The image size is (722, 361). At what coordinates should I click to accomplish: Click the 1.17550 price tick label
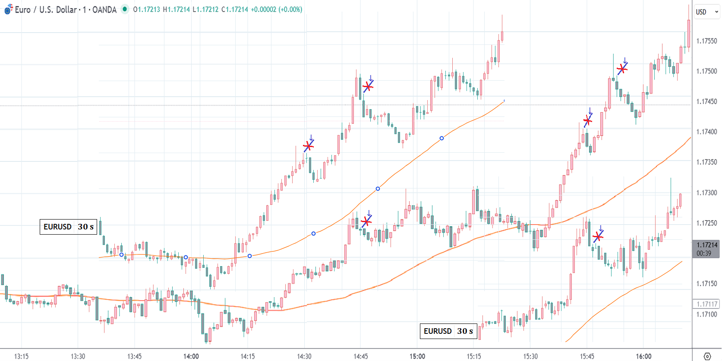pos(706,41)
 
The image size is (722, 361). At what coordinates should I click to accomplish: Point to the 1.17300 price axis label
pos(706,193)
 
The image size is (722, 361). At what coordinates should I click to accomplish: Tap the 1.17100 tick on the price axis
pos(706,314)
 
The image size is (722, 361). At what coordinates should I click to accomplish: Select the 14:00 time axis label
pos(191,356)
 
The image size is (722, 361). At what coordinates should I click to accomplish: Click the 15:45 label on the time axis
pos(587,356)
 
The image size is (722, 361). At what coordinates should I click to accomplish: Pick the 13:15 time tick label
pos(21,356)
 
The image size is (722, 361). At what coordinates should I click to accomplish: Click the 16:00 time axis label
pos(643,356)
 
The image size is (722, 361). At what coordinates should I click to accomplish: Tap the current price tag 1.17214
pos(706,245)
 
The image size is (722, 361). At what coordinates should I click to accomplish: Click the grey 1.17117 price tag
pos(706,304)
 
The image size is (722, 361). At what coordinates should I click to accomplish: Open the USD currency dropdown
pos(707,12)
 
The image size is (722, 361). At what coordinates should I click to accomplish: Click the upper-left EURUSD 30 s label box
pos(68,227)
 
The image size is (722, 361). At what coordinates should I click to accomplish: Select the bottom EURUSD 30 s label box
pos(448,331)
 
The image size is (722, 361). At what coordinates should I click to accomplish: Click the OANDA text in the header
pos(104,9)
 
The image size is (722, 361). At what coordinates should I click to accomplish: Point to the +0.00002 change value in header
pos(263,9)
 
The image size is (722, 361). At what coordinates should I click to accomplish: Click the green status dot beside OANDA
pos(125,9)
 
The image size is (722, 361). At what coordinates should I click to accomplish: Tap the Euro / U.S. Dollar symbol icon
pos(8,9)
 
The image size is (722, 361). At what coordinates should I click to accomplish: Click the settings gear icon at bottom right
pos(707,356)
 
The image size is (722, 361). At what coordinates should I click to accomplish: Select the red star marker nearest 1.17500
pos(622,69)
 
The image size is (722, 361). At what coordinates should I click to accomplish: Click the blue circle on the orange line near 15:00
pos(441,138)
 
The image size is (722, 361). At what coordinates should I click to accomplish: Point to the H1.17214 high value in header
pos(177,9)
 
